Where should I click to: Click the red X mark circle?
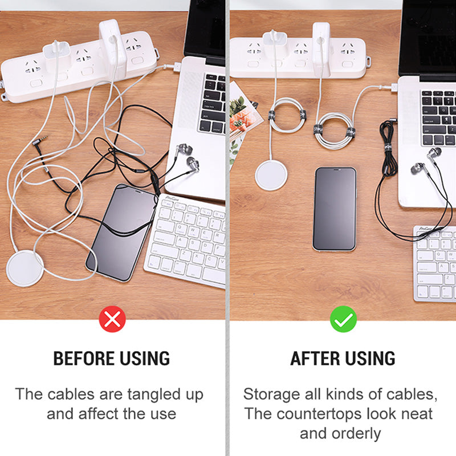(x=112, y=319)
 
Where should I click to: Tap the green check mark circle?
(x=343, y=319)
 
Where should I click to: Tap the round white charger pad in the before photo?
(x=25, y=268)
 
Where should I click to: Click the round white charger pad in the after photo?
(x=271, y=176)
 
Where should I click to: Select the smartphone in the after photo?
(x=335, y=209)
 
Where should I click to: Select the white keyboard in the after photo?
(x=434, y=263)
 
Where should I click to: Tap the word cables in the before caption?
(x=71, y=394)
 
